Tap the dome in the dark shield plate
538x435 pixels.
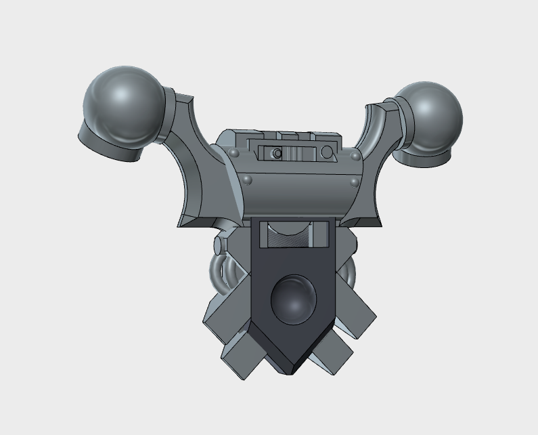(x=294, y=298)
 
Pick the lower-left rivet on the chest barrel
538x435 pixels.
(x=248, y=179)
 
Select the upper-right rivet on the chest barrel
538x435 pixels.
(x=356, y=157)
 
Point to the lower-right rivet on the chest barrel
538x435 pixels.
(x=353, y=182)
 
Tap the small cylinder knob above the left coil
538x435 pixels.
(x=219, y=244)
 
